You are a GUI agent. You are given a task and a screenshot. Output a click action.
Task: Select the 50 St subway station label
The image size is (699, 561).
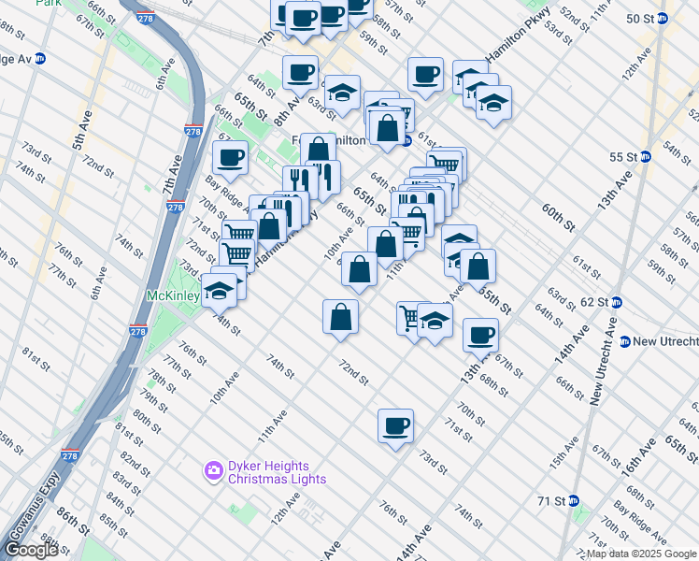(639, 19)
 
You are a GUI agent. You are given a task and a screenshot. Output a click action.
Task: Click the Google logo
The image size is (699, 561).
(30, 550)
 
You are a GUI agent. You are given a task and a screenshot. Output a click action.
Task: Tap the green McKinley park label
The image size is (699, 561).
(172, 296)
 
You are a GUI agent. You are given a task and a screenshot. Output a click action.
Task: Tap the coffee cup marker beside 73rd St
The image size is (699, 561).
(395, 426)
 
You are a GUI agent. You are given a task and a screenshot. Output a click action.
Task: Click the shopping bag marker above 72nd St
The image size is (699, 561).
(341, 316)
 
